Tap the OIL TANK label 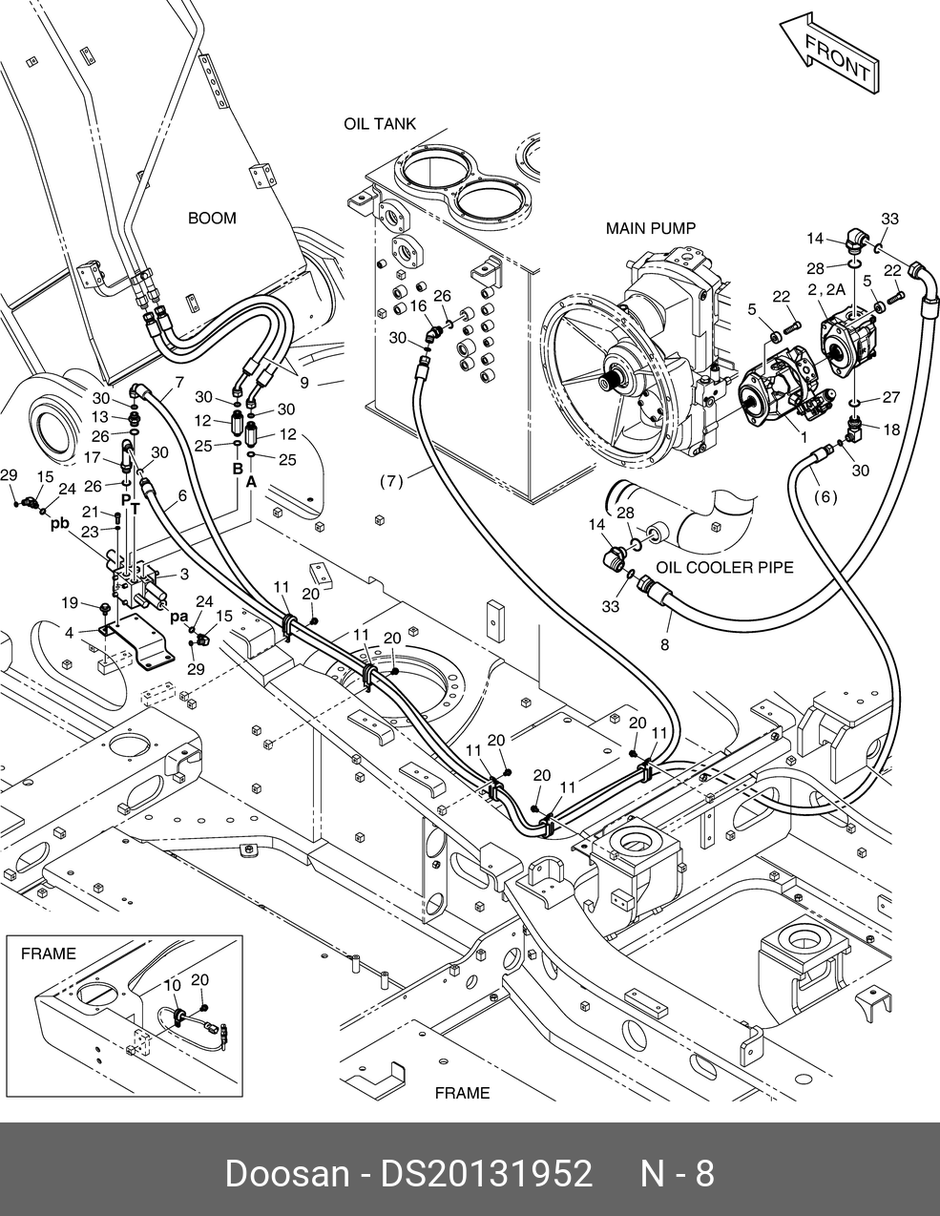tap(380, 124)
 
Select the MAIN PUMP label tap(651, 228)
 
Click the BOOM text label tap(211, 219)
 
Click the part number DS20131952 tap(487, 1173)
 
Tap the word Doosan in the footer tap(286, 1173)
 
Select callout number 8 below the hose tap(664, 644)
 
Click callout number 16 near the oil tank tap(419, 306)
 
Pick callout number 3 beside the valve tap(183, 574)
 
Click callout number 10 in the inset tap(172, 985)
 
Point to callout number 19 tap(70, 602)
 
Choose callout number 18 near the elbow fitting tap(891, 430)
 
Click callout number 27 tap(890, 397)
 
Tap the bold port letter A tap(252, 482)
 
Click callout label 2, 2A tap(825, 289)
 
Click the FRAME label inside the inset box tap(48, 953)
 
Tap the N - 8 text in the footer tap(677, 1173)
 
